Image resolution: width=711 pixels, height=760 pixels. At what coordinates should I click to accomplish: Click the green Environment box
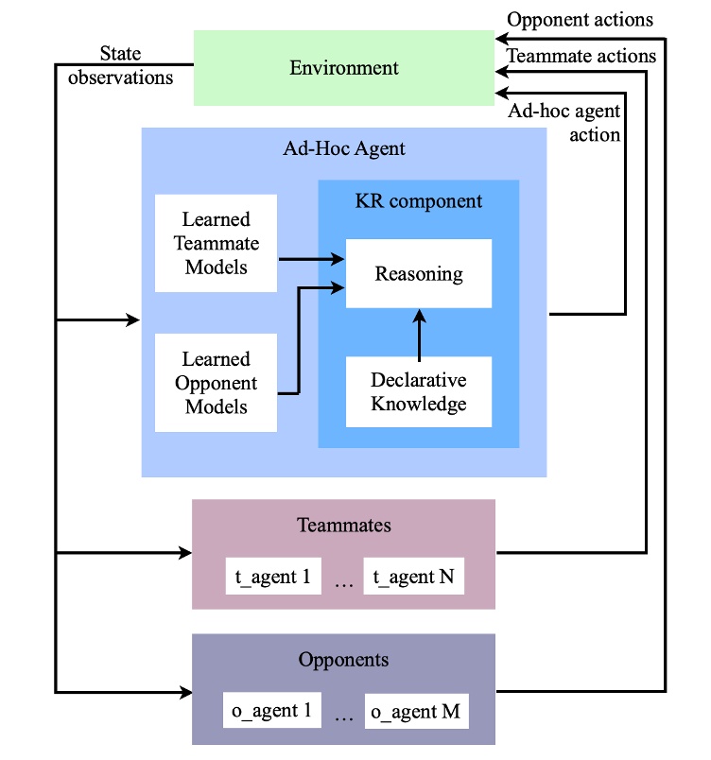(x=343, y=68)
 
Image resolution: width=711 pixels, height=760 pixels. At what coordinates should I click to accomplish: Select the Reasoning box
(x=419, y=274)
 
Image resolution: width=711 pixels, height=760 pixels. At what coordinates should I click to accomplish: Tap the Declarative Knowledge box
(x=419, y=392)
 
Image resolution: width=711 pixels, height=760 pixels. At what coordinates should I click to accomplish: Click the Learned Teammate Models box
(x=217, y=243)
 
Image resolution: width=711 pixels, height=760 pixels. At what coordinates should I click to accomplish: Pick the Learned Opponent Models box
(x=217, y=383)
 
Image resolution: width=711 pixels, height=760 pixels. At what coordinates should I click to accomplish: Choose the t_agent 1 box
(x=273, y=577)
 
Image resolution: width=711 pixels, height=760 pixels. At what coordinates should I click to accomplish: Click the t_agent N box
(x=413, y=577)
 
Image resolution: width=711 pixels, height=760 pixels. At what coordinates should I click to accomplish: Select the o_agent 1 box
(x=273, y=711)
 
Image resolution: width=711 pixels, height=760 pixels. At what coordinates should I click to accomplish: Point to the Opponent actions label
(x=580, y=20)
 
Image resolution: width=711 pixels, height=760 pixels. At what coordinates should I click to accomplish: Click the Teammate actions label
(x=581, y=56)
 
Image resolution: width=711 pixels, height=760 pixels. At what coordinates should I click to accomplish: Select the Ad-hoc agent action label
(x=564, y=123)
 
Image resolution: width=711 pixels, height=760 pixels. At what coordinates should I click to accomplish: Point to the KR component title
(x=419, y=201)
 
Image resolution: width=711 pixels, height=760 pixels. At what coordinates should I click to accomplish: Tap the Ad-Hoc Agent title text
(x=343, y=148)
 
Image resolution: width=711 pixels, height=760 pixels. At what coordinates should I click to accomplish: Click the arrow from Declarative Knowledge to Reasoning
(x=419, y=332)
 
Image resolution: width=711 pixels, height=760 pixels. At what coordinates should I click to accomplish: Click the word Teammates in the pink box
(x=343, y=525)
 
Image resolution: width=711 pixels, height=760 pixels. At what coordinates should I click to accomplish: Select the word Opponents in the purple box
(x=343, y=659)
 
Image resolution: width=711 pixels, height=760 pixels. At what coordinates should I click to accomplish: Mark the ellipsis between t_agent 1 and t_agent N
(x=343, y=583)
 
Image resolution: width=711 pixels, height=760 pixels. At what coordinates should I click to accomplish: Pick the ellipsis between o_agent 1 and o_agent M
(x=343, y=717)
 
